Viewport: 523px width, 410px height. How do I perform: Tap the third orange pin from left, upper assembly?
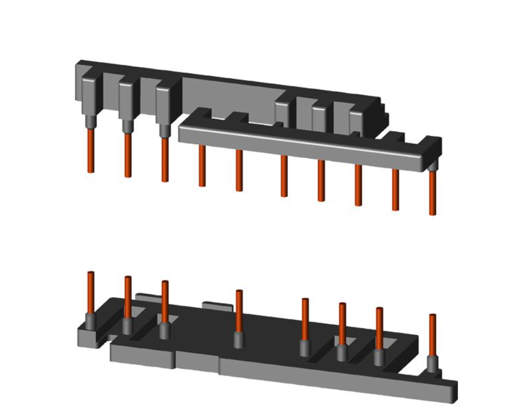[165, 159]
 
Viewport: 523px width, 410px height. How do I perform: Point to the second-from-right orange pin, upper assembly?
[395, 189]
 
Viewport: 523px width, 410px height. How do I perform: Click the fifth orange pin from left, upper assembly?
[239, 171]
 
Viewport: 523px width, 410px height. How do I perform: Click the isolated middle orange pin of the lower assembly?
[239, 310]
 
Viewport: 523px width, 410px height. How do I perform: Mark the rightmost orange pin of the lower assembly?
[432, 334]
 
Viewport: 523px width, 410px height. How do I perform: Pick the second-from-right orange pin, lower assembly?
[379, 327]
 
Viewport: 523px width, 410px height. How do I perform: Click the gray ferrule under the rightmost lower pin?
[432, 364]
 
